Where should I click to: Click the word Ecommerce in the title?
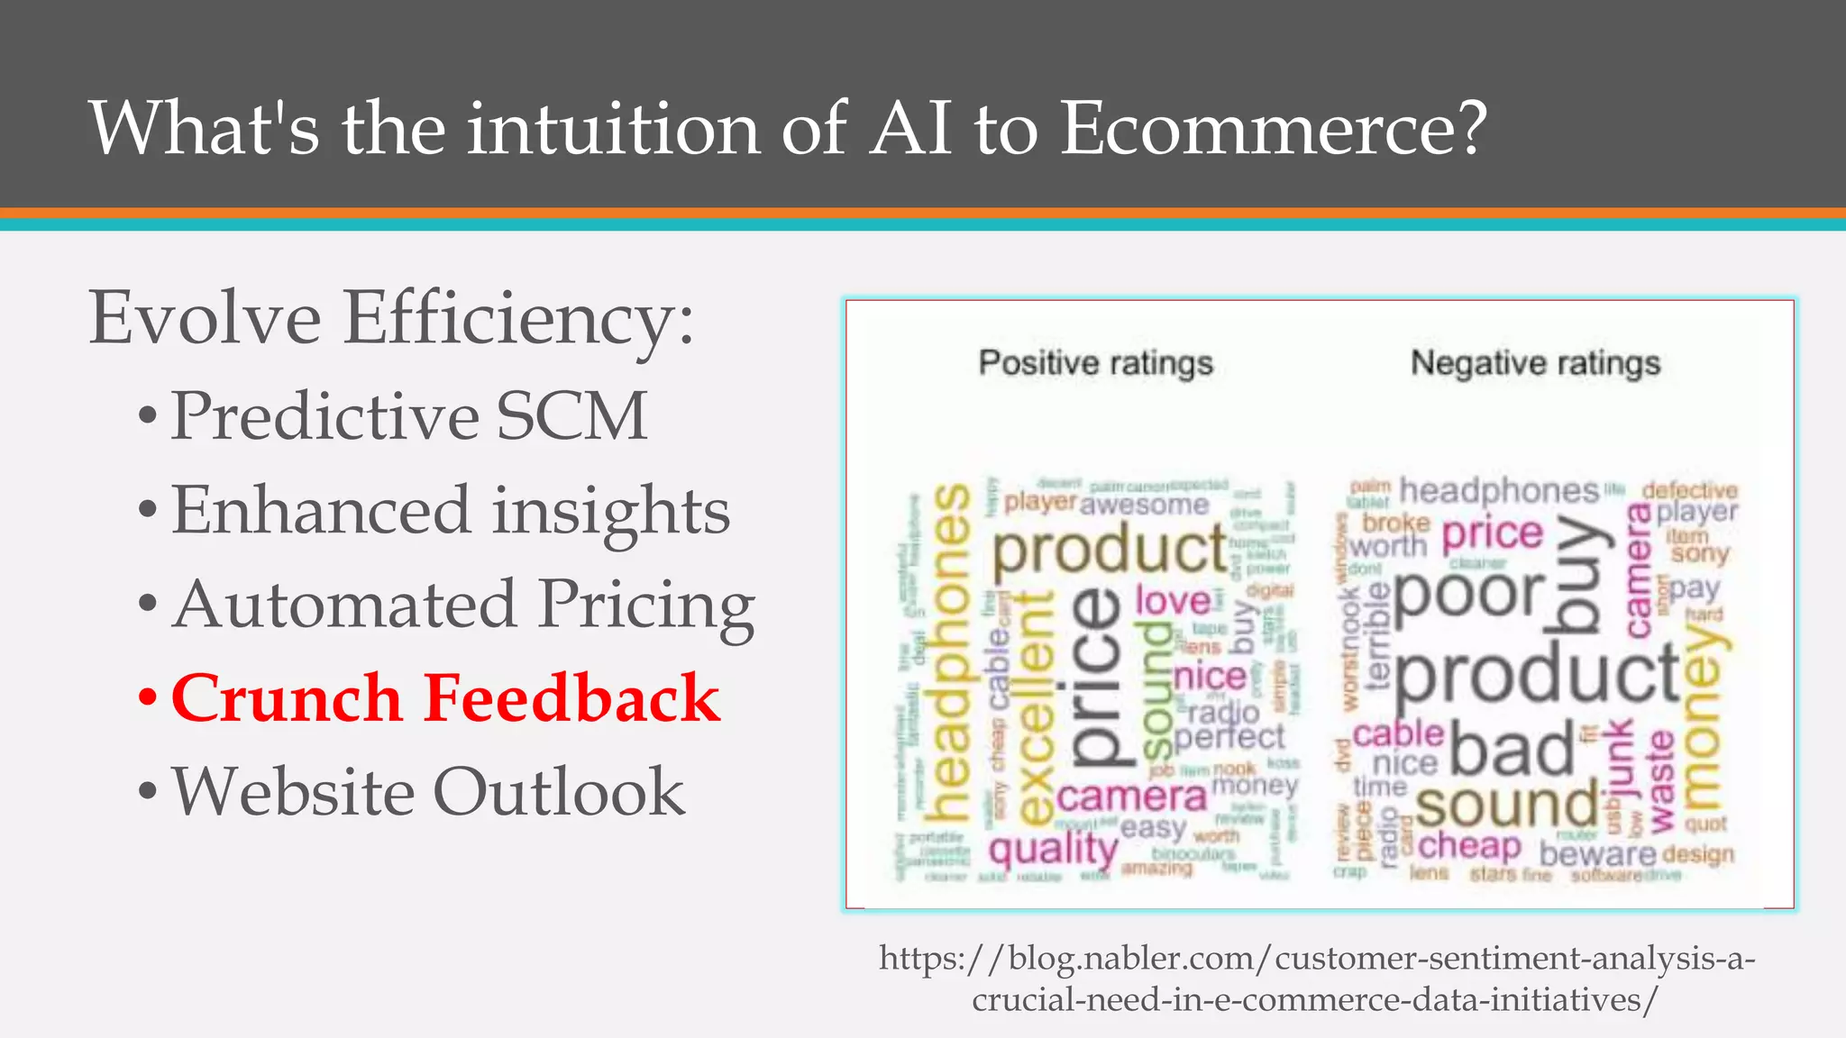(1271, 128)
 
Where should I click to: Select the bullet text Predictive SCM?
(409, 415)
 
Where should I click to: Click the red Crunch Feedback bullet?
(445, 698)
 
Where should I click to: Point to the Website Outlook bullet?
(428, 792)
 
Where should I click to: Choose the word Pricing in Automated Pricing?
(645, 605)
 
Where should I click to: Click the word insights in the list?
(610, 510)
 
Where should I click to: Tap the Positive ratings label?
(1095, 363)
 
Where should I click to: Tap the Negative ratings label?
(1535, 363)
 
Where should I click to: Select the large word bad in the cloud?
(1512, 750)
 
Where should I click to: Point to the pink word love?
(1172, 600)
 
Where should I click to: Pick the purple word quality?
(1053, 849)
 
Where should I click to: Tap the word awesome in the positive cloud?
(1144, 505)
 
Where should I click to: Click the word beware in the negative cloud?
(1597, 853)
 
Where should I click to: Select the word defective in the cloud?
(1689, 490)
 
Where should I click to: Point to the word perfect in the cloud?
(1229, 737)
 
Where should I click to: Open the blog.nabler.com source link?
(1316, 979)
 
